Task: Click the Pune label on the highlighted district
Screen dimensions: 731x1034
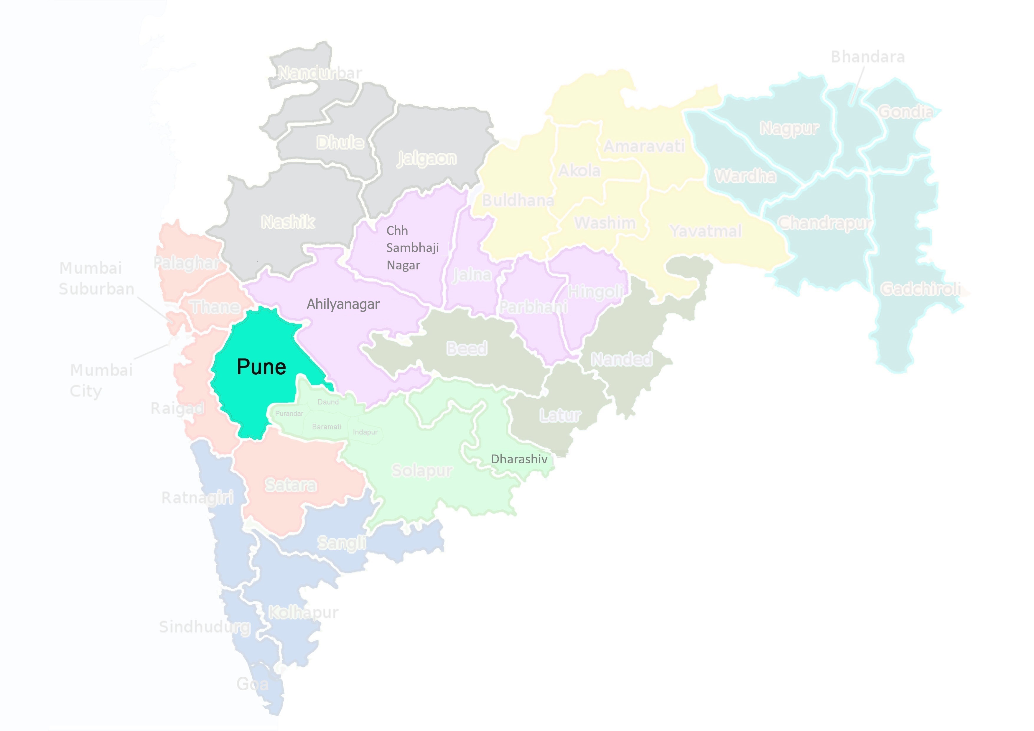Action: tap(261, 367)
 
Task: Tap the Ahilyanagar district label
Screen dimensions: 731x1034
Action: tap(343, 304)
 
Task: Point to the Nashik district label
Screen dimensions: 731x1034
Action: tap(288, 222)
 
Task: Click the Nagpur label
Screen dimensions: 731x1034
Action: tap(789, 128)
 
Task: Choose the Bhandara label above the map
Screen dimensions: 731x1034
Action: tap(867, 57)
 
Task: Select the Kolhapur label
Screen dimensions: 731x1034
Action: tap(303, 612)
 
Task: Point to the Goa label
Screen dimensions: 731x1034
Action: tap(252, 684)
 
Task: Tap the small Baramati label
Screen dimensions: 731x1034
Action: tap(327, 427)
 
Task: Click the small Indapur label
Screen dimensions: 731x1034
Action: tap(365, 432)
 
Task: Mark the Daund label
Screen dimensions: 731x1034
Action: tap(328, 402)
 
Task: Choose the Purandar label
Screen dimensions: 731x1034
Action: tap(289, 414)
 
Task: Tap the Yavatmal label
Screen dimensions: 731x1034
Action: tap(705, 231)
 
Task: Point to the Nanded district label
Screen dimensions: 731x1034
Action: tap(621, 359)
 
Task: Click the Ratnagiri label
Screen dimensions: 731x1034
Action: tap(197, 498)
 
